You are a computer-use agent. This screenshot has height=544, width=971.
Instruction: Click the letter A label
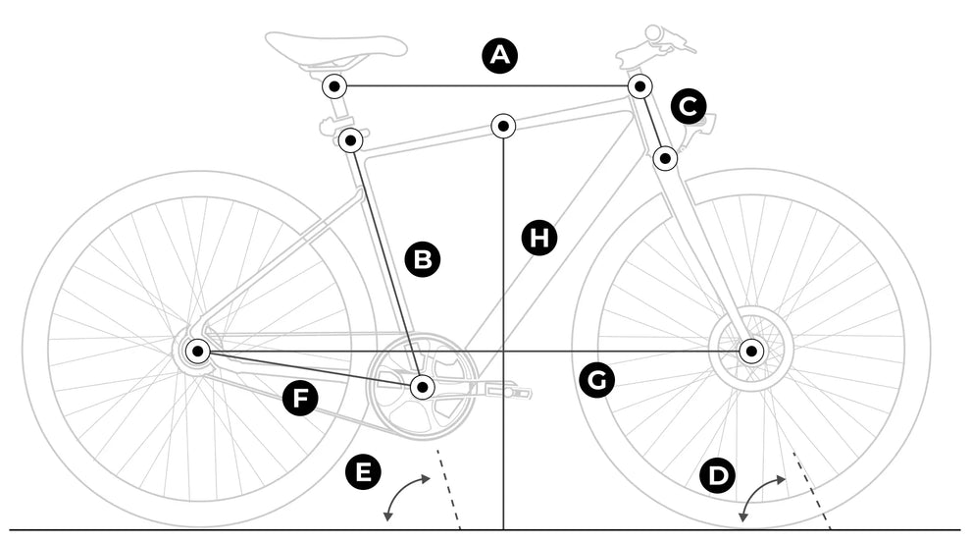(501, 55)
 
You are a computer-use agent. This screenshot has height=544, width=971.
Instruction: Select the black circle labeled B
(423, 259)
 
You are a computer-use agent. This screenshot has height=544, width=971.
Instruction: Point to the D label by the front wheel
(719, 477)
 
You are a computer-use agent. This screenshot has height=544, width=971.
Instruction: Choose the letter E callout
(364, 472)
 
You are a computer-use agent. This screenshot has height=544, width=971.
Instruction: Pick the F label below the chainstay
(300, 399)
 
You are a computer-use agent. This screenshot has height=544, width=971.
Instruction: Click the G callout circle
(596, 380)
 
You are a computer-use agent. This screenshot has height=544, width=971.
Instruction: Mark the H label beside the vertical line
(538, 238)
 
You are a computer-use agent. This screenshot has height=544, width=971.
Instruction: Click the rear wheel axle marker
(197, 351)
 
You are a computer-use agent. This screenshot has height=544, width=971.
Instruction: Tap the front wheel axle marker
(751, 351)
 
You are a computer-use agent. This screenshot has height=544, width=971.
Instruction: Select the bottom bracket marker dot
(422, 387)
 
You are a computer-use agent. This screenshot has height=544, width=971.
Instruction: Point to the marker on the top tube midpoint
(503, 126)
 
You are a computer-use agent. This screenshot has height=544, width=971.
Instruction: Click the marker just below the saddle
(334, 86)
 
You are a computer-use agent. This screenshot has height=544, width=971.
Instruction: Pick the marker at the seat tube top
(350, 140)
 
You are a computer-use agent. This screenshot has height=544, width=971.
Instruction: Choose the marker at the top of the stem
(640, 85)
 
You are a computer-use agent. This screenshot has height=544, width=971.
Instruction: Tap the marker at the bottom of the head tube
(665, 157)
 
